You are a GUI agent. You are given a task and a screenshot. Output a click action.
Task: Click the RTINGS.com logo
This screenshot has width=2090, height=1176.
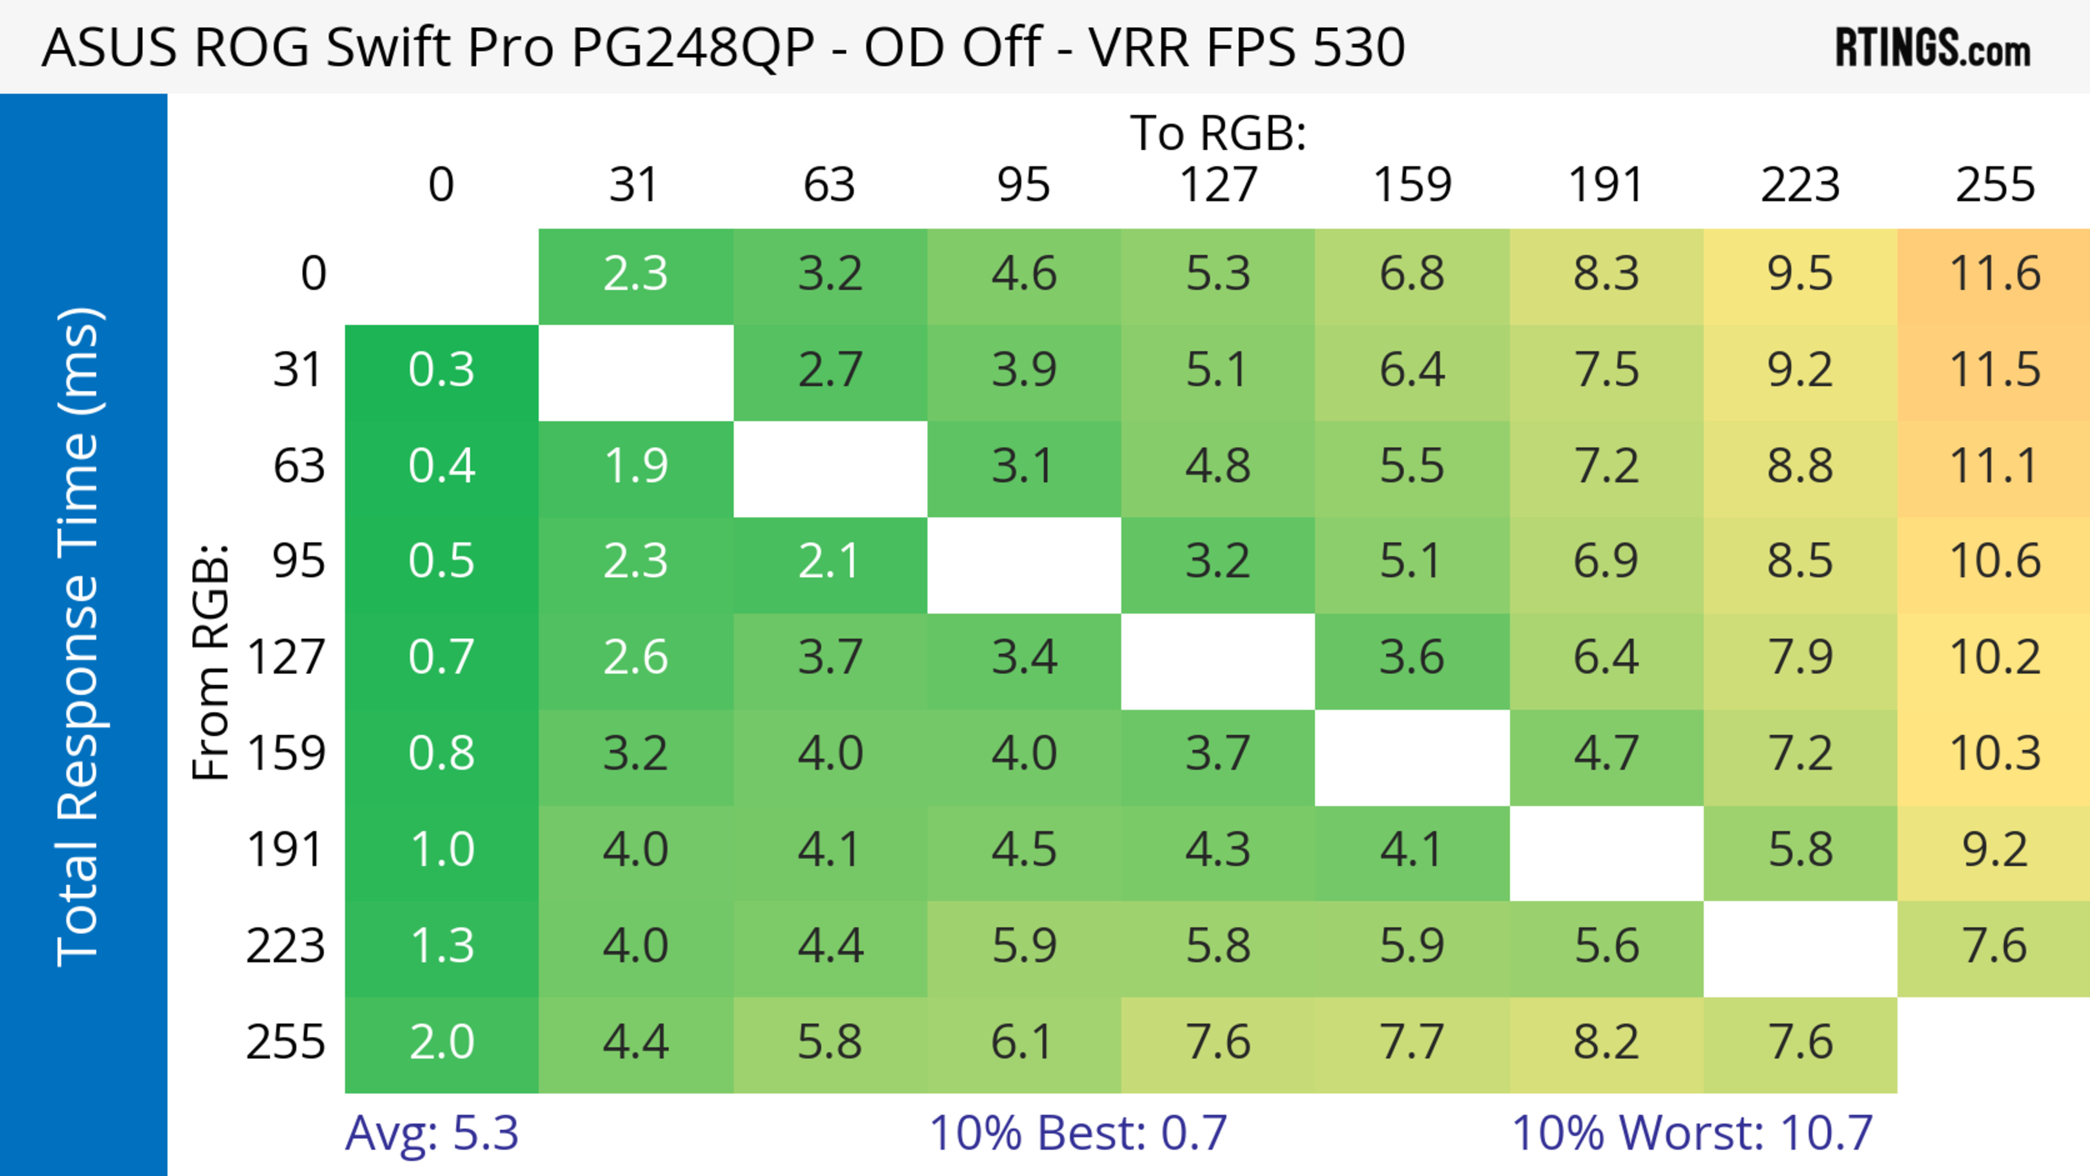1933,48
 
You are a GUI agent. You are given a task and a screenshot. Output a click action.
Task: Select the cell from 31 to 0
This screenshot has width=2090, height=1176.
441,371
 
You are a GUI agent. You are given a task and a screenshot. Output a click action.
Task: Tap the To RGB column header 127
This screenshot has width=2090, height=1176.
1218,185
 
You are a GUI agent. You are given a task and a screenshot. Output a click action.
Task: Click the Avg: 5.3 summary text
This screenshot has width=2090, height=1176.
432,1133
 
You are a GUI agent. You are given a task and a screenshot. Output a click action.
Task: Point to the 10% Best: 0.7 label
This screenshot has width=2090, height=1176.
1078,1133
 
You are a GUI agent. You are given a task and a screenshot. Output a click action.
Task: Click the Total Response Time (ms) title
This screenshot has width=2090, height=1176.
79,637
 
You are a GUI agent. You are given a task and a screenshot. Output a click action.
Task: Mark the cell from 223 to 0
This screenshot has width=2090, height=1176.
441,946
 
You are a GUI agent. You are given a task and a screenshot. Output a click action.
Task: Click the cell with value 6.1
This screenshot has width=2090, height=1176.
1024,1042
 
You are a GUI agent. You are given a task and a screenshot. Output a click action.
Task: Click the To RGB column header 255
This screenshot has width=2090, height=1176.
1994,185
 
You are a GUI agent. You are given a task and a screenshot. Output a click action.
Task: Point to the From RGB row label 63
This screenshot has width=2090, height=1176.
299,466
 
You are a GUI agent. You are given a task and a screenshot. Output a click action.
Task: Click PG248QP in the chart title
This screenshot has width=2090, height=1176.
693,48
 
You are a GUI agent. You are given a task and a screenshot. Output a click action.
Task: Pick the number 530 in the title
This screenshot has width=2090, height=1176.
1358,48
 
